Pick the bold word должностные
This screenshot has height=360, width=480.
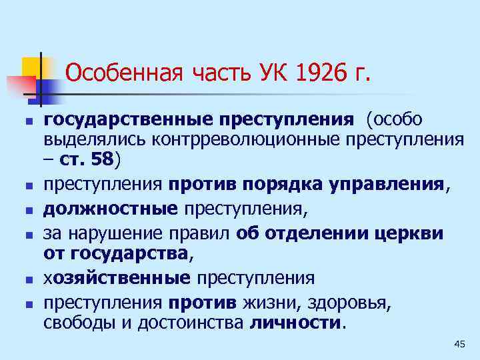(x=111, y=209)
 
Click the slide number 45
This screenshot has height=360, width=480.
(x=458, y=343)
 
